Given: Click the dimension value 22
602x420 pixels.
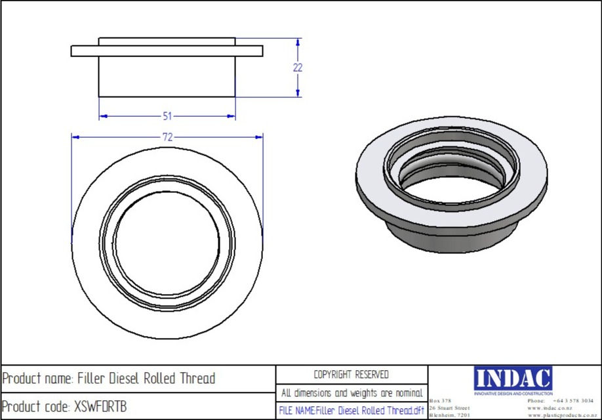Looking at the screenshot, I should click(297, 68).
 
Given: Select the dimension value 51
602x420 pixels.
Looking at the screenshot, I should click(167, 117).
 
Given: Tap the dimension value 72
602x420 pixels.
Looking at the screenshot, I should click(167, 137).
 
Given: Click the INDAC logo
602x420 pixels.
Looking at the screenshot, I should click(513, 379).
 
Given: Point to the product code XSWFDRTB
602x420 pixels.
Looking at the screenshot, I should click(99, 407).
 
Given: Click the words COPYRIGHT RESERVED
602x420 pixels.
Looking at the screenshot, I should click(351, 375).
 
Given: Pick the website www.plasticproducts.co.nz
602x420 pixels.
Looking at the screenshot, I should click(560, 415).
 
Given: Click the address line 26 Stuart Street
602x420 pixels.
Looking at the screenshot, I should click(449, 408).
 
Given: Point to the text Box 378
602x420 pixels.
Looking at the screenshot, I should click(439, 400).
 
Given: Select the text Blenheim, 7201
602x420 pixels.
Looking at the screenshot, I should click(449, 415).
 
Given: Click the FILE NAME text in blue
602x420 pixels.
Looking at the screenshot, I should click(351, 411).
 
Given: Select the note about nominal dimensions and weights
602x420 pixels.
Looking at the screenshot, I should click(351, 393).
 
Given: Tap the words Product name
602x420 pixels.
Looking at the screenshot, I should click(36, 379).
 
